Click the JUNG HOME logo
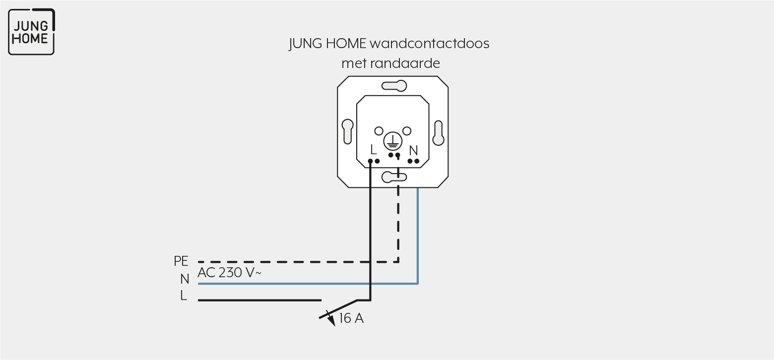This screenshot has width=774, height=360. point(31,32)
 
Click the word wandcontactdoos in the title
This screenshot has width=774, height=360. point(429,44)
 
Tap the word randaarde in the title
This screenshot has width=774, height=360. point(405,63)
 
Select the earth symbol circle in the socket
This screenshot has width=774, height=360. point(392,141)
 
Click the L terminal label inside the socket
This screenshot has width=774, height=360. point(373,150)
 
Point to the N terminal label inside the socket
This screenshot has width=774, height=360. point(413,150)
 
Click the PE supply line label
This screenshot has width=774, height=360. point(181,261)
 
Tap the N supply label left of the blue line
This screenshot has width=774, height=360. point(185,279)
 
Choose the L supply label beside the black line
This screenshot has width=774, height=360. point(184,296)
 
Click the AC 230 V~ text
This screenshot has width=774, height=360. point(229,273)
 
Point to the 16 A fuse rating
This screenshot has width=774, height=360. point(351,318)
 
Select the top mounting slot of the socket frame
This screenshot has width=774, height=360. point(394,86)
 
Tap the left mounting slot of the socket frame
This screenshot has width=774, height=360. point(348,131)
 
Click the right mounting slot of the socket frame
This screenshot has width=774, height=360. point(438,133)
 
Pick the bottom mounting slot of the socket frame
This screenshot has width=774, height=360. point(394,177)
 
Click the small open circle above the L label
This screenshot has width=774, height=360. point(379,131)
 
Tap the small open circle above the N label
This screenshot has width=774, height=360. point(407,131)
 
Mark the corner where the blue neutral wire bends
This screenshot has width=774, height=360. point(418,284)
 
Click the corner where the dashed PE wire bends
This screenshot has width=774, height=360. point(398,262)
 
